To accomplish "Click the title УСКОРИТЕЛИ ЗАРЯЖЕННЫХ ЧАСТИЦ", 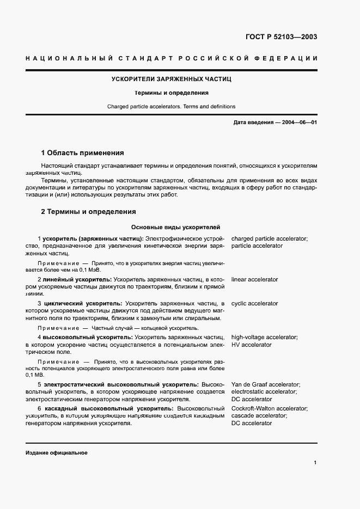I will [172, 79].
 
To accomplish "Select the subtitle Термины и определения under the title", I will [172, 93].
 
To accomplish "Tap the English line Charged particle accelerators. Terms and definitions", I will [172, 107].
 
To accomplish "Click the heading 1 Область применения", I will [83, 153].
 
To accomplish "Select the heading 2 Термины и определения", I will [89, 212].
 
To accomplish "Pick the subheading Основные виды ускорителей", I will [175, 228].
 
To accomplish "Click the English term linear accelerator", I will [254, 279].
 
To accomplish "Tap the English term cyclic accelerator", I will [254, 303].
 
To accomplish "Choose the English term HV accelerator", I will [251, 345].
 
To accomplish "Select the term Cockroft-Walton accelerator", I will [269, 408].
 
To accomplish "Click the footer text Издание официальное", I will [56, 453].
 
